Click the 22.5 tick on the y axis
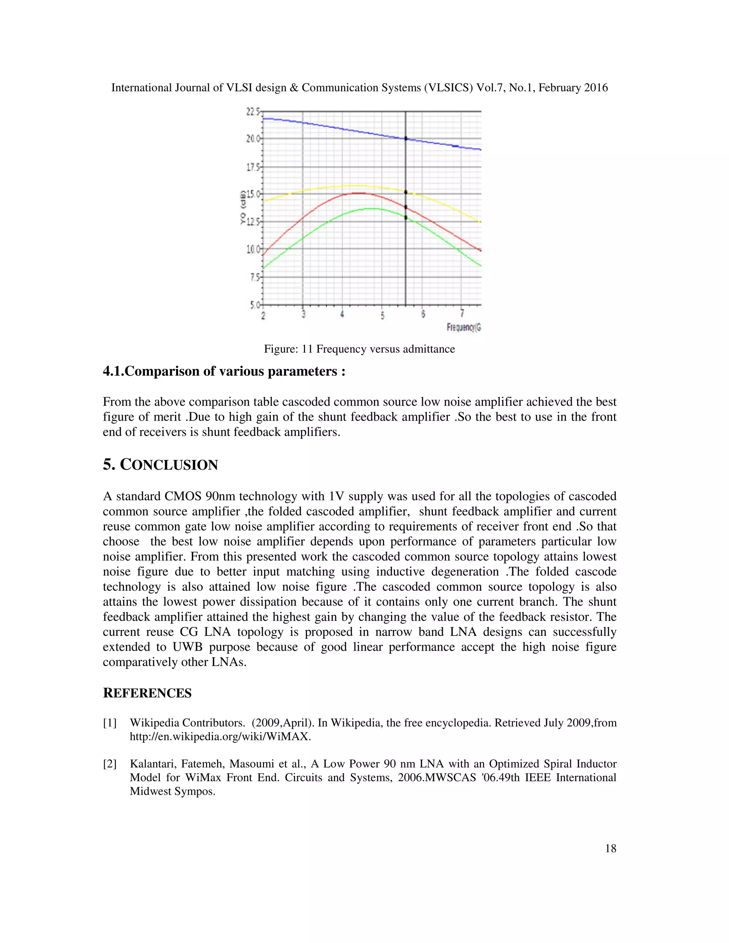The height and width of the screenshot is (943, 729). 253,112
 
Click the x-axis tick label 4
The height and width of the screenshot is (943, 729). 342,314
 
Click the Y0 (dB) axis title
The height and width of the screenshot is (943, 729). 243,207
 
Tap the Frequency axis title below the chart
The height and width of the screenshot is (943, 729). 463,327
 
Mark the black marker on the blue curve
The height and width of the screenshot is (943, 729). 405,138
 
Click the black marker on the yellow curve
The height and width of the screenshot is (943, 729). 405,192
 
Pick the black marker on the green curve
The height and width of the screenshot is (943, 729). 405,218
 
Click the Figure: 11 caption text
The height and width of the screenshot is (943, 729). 359,349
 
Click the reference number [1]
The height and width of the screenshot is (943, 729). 110,723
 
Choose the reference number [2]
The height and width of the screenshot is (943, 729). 110,764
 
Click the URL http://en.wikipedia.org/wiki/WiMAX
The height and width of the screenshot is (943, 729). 220,737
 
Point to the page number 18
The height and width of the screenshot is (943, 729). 610,848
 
